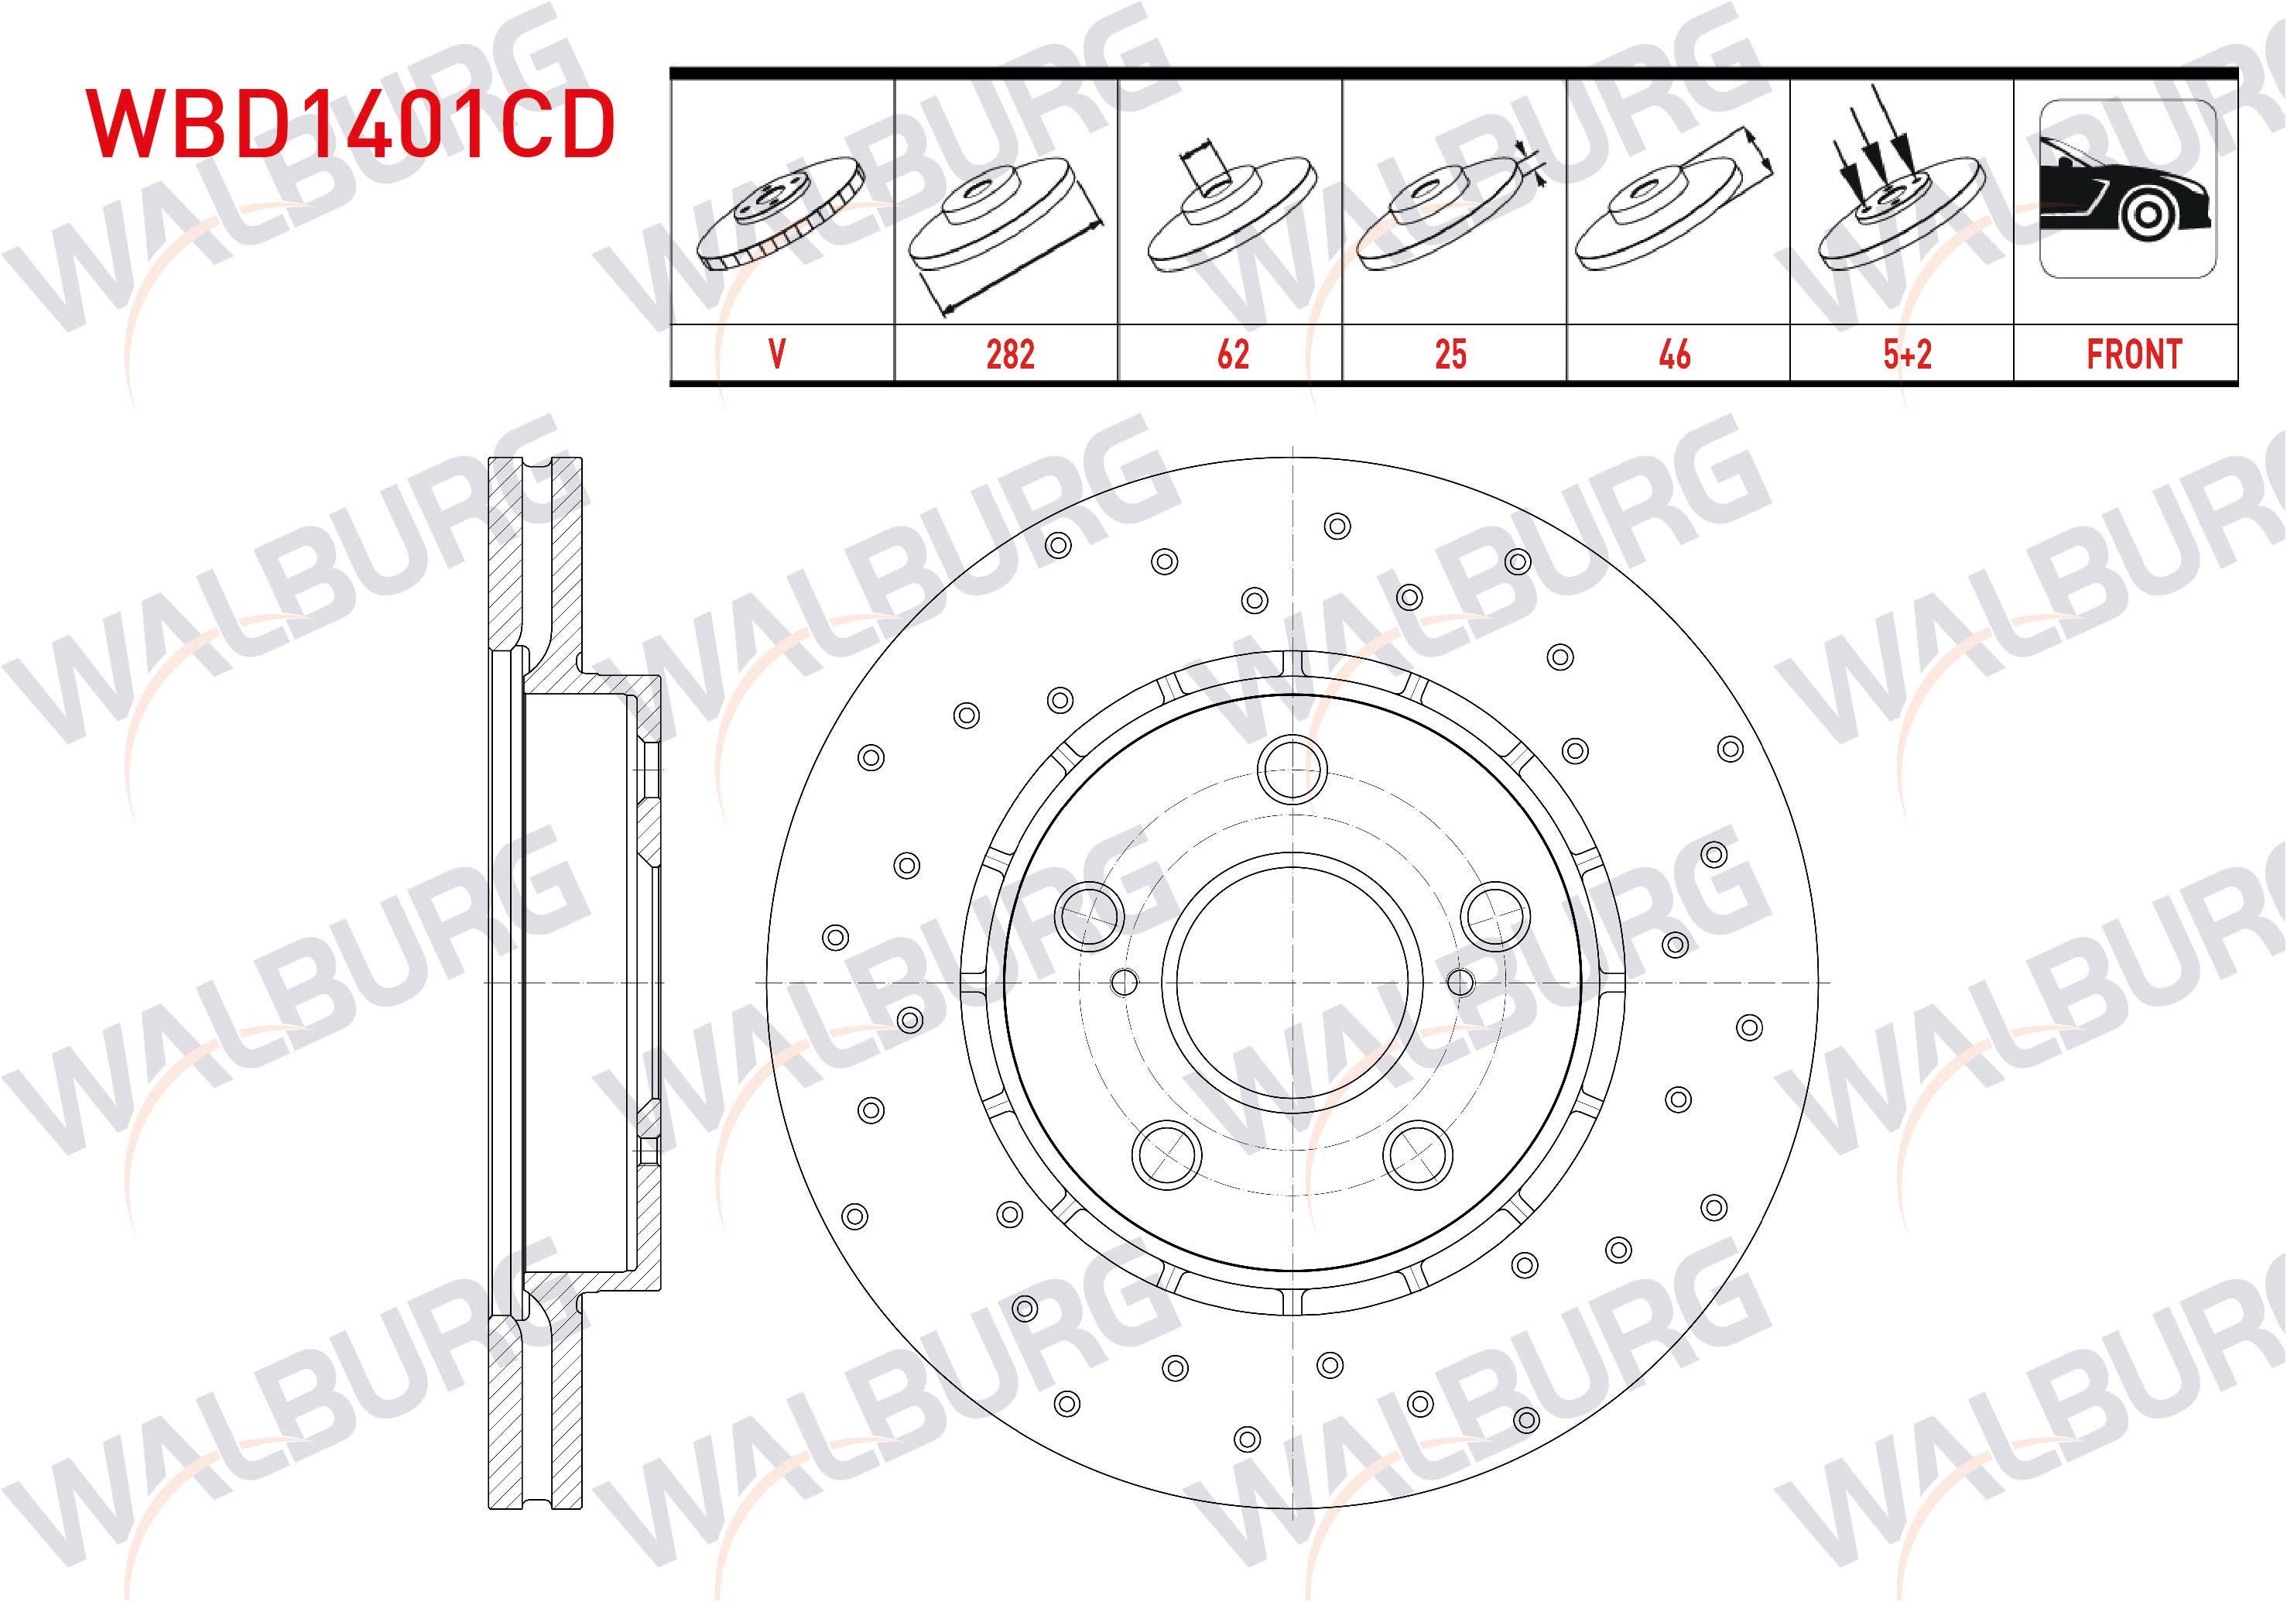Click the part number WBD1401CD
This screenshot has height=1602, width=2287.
(x=351, y=125)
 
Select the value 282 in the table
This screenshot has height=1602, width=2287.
(x=1010, y=355)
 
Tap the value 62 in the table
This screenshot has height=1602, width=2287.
(x=1232, y=355)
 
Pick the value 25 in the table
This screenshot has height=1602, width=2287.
(x=1450, y=355)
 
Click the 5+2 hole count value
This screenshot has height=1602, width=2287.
(x=1906, y=355)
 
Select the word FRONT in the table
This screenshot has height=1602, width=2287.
(x=2134, y=355)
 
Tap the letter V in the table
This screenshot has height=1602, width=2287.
(x=777, y=355)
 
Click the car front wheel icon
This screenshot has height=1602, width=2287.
(x=2128, y=189)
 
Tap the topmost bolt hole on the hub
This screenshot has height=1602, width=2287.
(x=1291, y=769)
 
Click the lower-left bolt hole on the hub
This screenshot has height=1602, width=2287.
(x=1166, y=1154)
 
